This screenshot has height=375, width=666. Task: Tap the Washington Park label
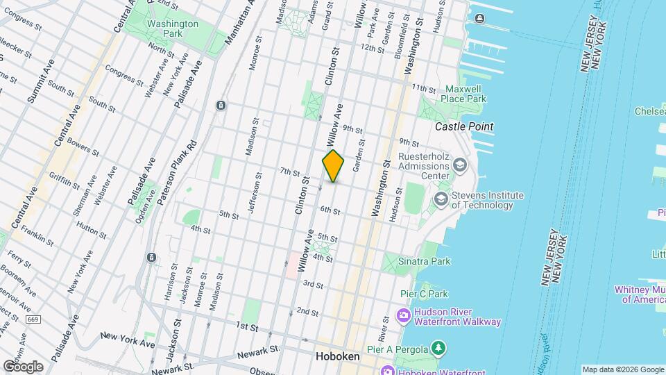173,29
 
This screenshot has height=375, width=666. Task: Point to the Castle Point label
464,126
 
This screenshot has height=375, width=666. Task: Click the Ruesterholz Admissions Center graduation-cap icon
459,165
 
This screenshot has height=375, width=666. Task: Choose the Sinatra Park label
425,261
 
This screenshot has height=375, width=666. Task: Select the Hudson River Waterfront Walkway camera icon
403,317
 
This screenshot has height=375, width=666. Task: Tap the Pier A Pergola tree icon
438,347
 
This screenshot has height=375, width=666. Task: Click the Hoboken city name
337,356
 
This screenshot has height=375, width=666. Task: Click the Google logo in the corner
22,366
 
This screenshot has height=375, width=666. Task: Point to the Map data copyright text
622,369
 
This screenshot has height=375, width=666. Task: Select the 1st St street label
246,326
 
